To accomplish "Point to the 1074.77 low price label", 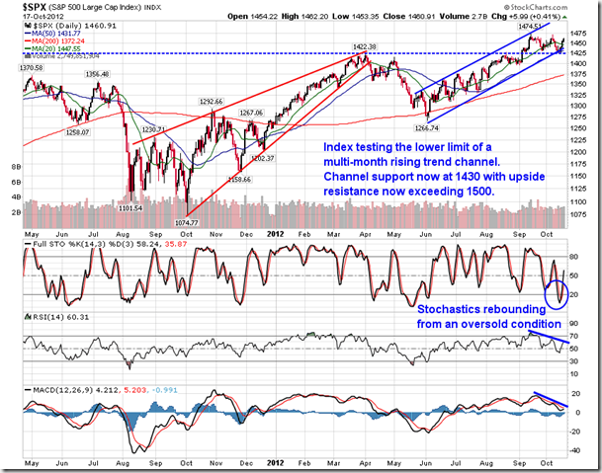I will point(189,224).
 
